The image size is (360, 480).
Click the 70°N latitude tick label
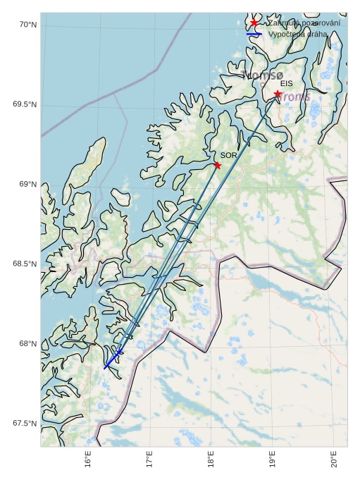[27, 25]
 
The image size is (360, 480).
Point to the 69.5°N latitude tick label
[25, 104]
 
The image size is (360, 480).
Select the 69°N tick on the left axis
[27, 184]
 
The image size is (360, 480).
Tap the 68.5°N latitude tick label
[25, 264]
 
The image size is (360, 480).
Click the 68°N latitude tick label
[27, 343]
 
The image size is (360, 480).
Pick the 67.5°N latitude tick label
[25, 423]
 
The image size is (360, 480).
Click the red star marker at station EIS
[278, 94]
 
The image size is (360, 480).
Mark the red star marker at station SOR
[217, 165]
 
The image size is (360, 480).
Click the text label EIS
[286, 83]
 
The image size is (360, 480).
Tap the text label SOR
[228, 154]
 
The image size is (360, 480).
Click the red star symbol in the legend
[254, 23]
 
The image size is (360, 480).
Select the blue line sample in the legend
[254, 34]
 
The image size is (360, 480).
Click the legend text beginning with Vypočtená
[297, 34]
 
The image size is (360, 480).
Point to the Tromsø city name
[261, 75]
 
